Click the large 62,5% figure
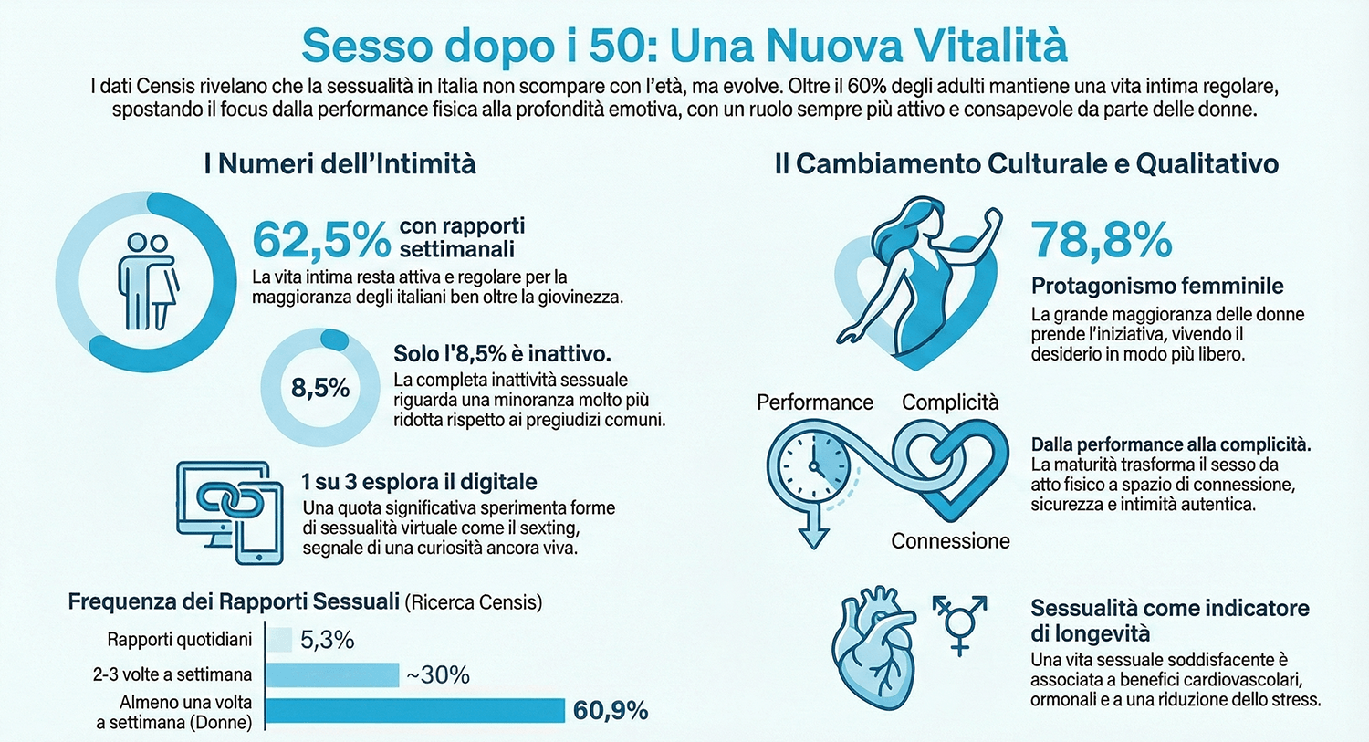point(321,240)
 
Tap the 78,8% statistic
point(1102,240)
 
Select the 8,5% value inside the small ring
point(320,389)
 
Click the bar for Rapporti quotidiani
point(279,640)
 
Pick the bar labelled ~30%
point(333,674)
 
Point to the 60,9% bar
point(415,711)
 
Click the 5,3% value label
point(327,640)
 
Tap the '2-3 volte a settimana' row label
point(172,674)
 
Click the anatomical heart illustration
point(873,649)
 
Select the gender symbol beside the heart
point(959,623)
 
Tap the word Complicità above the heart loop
point(950,402)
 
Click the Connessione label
point(950,541)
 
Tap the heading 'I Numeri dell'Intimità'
point(340,164)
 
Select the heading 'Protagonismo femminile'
point(1157,286)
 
